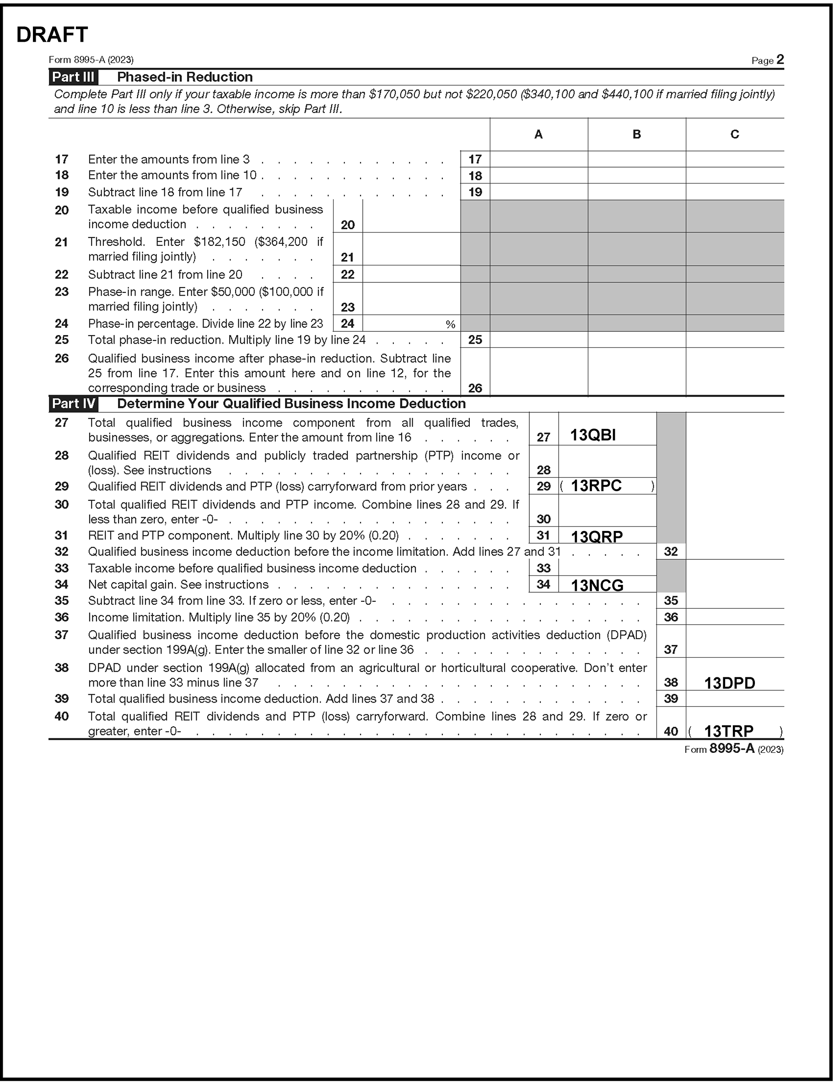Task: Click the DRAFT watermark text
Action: (x=52, y=35)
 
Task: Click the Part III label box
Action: (x=73, y=77)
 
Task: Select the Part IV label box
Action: (x=73, y=404)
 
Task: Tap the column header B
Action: (x=636, y=134)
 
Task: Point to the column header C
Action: (x=734, y=134)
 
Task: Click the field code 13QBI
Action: (x=593, y=435)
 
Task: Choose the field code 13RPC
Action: (x=596, y=486)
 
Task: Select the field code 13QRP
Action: (x=597, y=536)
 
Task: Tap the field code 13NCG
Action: (x=597, y=585)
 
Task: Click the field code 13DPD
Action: (x=730, y=683)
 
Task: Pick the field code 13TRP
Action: (x=728, y=731)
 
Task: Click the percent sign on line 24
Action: (x=450, y=325)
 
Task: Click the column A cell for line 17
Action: (x=538, y=159)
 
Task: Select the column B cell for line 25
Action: (x=636, y=340)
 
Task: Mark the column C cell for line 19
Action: (x=734, y=192)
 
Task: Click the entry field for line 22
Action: (x=411, y=274)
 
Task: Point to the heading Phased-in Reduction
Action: (x=185, y=77)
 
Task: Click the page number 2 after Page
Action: (x=780, y=60)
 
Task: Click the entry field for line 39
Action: (x=734, y=698)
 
